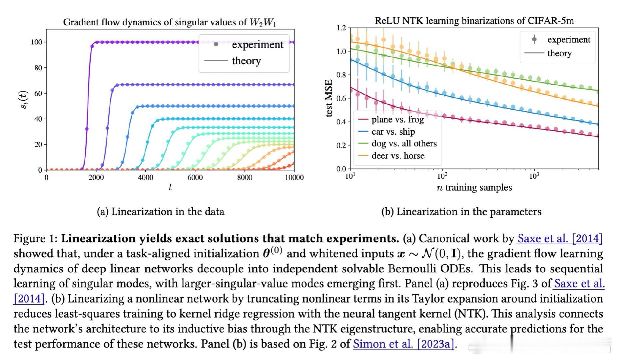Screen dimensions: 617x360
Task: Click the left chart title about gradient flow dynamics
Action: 170,22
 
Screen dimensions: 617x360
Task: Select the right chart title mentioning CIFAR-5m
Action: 474,21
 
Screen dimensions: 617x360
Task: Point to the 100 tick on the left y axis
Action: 36,42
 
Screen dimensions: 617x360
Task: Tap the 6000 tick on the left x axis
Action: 195,177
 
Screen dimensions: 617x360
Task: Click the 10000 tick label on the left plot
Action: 294,177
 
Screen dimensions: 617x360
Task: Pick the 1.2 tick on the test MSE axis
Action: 341,28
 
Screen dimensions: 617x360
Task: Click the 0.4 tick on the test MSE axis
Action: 341,122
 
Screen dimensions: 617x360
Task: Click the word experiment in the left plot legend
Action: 258,45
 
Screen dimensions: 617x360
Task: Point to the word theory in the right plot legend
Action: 559,53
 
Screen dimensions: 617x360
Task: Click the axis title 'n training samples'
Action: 474,188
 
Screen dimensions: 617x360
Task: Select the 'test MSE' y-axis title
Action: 329,98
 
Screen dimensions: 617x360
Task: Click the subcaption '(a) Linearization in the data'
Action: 161,212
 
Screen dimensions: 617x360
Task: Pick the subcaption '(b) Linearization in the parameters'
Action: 461,212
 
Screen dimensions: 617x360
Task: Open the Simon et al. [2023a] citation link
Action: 404,344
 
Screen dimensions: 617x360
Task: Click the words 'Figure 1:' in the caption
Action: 36,239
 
